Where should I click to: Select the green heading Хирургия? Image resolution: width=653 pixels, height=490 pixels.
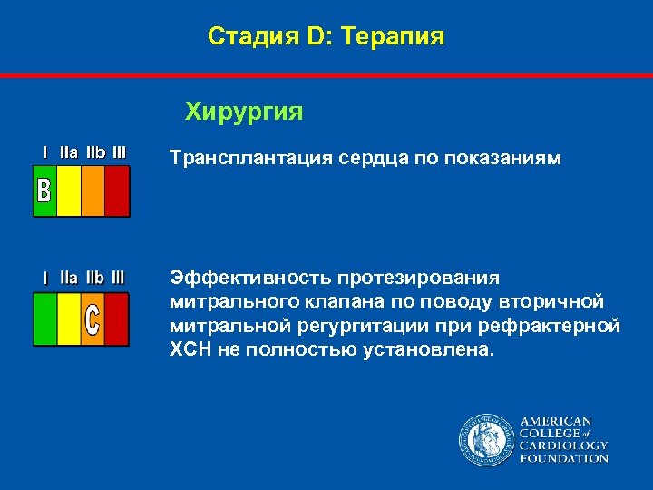point(244,112)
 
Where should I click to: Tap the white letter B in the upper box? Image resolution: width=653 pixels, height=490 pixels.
point(44,191)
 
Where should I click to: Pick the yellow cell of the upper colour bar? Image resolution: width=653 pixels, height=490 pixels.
point(69,191)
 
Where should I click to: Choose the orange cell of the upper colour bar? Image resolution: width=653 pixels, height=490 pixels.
point(93,191)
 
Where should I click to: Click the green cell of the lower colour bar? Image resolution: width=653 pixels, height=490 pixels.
point(45,318)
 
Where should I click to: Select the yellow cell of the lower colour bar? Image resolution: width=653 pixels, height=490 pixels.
point(69,318)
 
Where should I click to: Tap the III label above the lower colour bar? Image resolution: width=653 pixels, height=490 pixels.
point(118,277)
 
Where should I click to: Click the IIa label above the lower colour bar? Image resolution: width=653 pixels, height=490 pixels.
point(69,277)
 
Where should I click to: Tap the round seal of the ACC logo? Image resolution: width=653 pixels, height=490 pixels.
point(485,440)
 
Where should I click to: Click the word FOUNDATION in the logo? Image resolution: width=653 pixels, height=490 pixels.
point(563,458)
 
